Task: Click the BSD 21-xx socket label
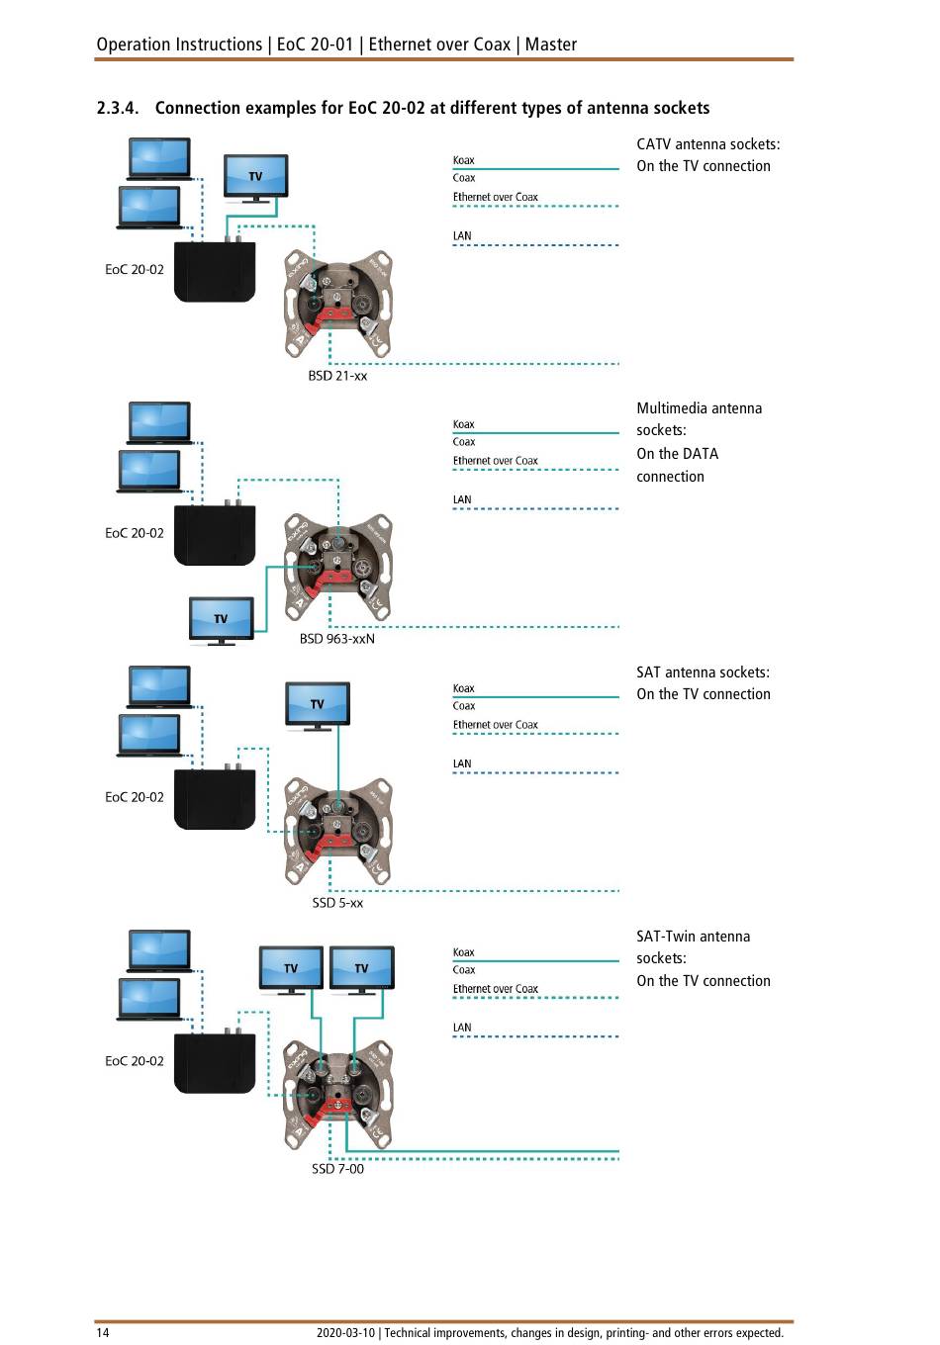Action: pos(337,376)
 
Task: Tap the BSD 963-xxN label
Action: pos(337,639)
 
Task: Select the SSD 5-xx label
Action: pos(337,903)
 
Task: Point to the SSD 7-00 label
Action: pos(337,1168)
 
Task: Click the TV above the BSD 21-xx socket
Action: pos(255,177)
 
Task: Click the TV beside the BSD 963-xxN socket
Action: pos(221,619)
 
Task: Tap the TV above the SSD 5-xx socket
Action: pos(317,704)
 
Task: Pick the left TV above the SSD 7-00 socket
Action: pos(291,968)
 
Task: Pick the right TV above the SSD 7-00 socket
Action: pos(361,968)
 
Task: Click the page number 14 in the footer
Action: pos(103,1332)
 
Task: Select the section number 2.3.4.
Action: pos(118,108)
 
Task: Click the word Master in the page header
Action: pos(551,45)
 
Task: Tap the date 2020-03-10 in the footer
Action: pos(345,1332)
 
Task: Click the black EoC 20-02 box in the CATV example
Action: pos(215,272)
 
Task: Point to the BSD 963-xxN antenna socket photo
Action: pos(337,568)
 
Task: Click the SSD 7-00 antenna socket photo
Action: pos(337,1094)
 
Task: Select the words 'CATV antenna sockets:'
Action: pos(707,144)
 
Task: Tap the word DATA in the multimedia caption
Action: pos(701,454)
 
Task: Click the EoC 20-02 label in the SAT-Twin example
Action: pos(135,1061)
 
